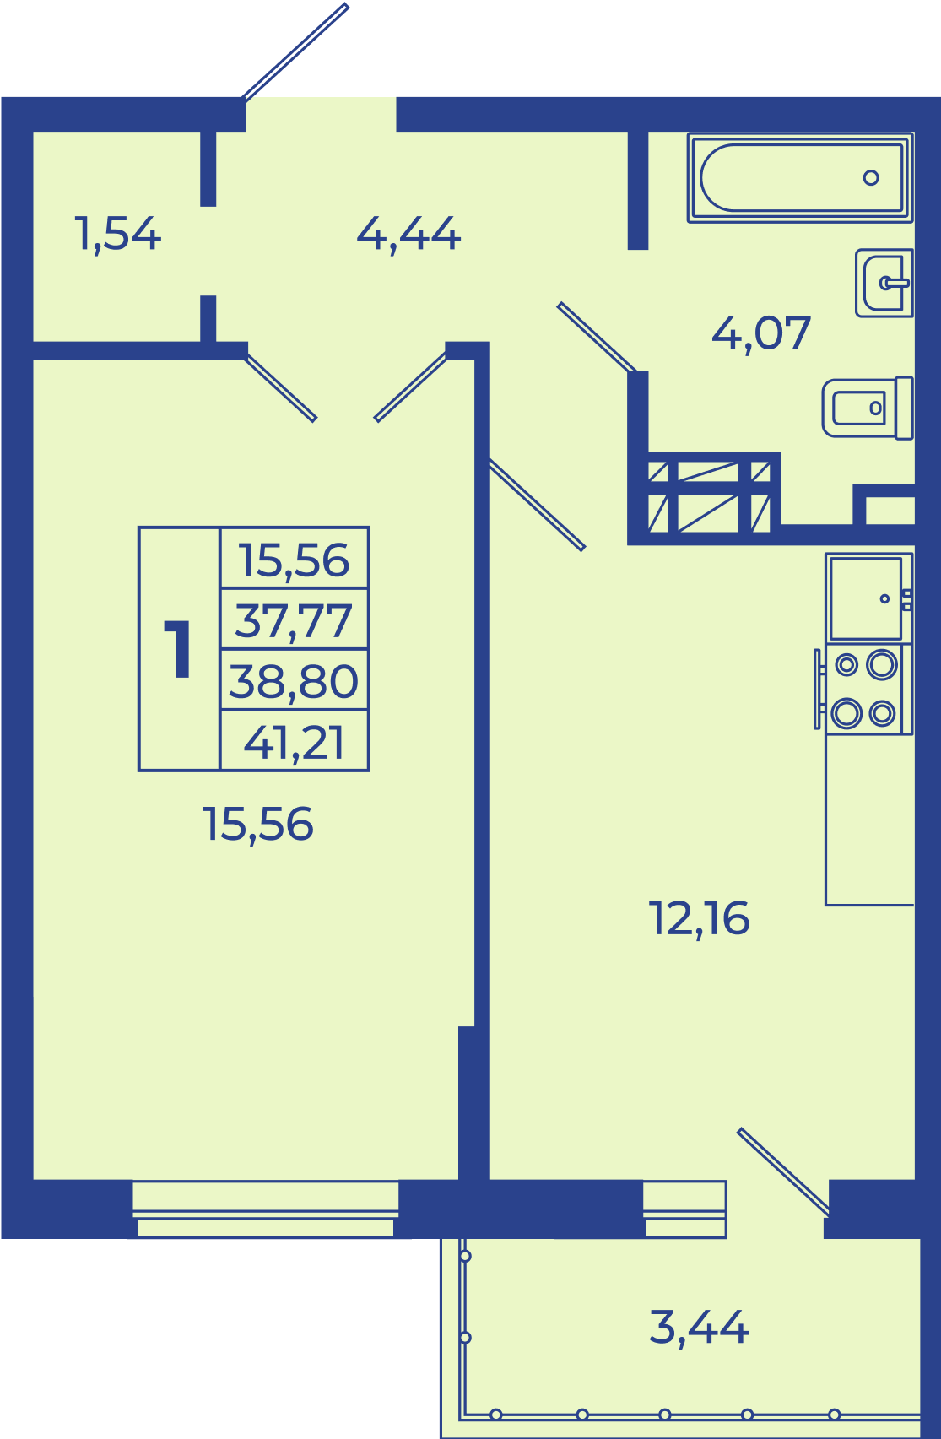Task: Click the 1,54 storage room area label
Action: click(x=117, y=235)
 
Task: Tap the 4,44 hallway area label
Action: click(x=408, y=235)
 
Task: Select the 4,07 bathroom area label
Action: click(x=761, y=334)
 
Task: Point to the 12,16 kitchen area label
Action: click(x=699, y=919)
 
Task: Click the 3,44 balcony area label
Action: click(x=699, y=1328)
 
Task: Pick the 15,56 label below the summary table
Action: click(x=258, y=825)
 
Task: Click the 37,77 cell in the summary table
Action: click(x=295, y=620)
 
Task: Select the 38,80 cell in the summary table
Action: click(x=294, y=681)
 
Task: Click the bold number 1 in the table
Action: click(x=178, y=649)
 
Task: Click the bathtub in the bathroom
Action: click(x=800, y=178)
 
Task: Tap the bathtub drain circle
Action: click(x=871, y=178)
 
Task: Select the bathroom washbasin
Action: click(x=884, y=283)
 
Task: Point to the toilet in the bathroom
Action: click(x=868, y=408)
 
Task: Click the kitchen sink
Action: click(x=869, y=598)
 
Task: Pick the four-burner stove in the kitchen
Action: click(x=864, y=690)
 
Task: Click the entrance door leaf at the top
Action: click(x=295, y=51)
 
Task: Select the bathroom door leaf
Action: click(x=597, y=338)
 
